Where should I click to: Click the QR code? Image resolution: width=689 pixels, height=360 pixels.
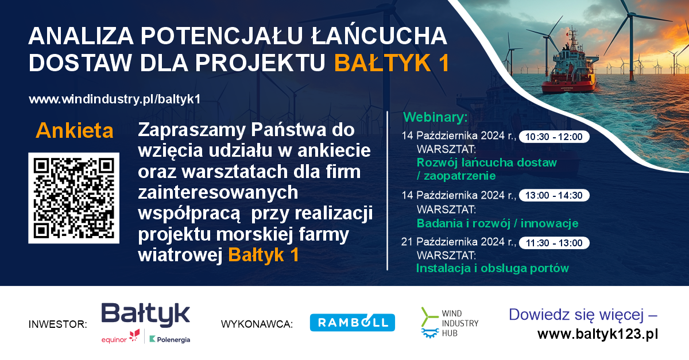click(74, 198)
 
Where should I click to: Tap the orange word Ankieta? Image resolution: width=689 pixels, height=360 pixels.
click(75, 131)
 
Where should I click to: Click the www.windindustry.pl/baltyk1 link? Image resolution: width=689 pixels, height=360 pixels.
click(115, 99)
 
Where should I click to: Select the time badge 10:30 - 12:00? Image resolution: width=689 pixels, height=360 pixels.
click(554, 137)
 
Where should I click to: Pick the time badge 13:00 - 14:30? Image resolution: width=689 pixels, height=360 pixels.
click(554, 195)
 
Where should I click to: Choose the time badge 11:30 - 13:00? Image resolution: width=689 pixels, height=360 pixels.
click(554, 243)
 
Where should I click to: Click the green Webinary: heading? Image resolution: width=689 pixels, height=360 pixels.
click(435, 117)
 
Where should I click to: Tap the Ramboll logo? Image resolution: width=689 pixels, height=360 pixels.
click(352, 323)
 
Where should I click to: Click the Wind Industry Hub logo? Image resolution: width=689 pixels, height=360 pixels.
click(450, 323)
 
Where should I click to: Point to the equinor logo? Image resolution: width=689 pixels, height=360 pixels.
click(121, 336)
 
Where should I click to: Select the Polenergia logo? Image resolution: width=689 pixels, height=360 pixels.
click(170, 339)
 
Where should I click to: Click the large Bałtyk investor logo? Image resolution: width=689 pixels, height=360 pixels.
click(145, 314)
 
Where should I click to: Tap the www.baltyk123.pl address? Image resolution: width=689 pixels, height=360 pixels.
click(598, 334)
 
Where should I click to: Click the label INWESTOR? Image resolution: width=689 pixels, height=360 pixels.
click(58, 324)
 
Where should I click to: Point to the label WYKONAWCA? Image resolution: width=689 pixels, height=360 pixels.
click(257, 324)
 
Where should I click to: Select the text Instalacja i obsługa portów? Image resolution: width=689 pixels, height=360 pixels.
click(493, 268)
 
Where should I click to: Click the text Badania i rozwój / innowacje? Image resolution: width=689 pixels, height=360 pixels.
click(497, 223)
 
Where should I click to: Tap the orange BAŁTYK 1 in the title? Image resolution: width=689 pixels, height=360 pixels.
click(392, 63)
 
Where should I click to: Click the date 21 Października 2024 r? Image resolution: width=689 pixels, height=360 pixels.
click(459, 242)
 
